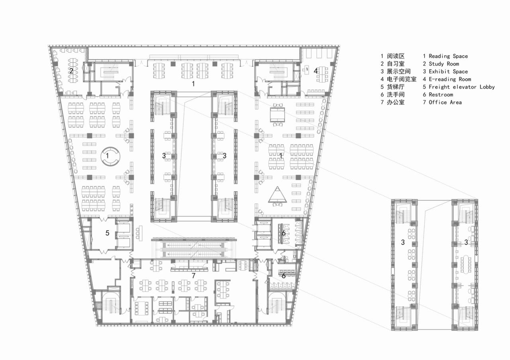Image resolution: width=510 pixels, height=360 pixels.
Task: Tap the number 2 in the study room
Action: click(x=71, y=71)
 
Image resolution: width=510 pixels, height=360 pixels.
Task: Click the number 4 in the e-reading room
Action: click(x=316, y=71)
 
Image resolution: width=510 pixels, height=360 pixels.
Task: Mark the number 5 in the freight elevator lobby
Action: click(x=107, y=233)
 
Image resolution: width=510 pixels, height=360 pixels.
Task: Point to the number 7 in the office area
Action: click(x=194, y=276)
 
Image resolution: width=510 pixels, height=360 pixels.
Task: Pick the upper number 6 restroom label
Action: click(x=283, y=233)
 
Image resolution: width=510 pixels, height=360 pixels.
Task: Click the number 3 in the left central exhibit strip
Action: click(x=164, y=156)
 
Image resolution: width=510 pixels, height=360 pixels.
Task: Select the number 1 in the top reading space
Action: click(x=194, y=84)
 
